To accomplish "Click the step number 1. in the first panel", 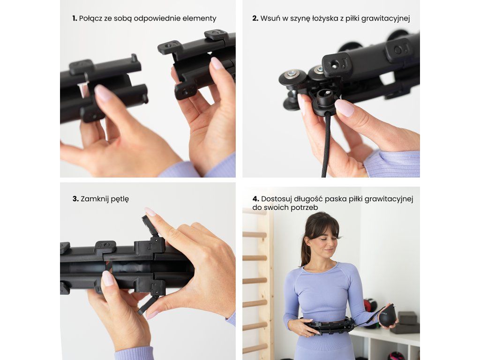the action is (75, 18).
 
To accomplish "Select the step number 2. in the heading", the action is (255, 18).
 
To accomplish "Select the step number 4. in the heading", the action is (255, 199).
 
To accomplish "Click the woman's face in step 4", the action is (325, 242).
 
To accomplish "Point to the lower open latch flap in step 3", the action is (148, 305).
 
